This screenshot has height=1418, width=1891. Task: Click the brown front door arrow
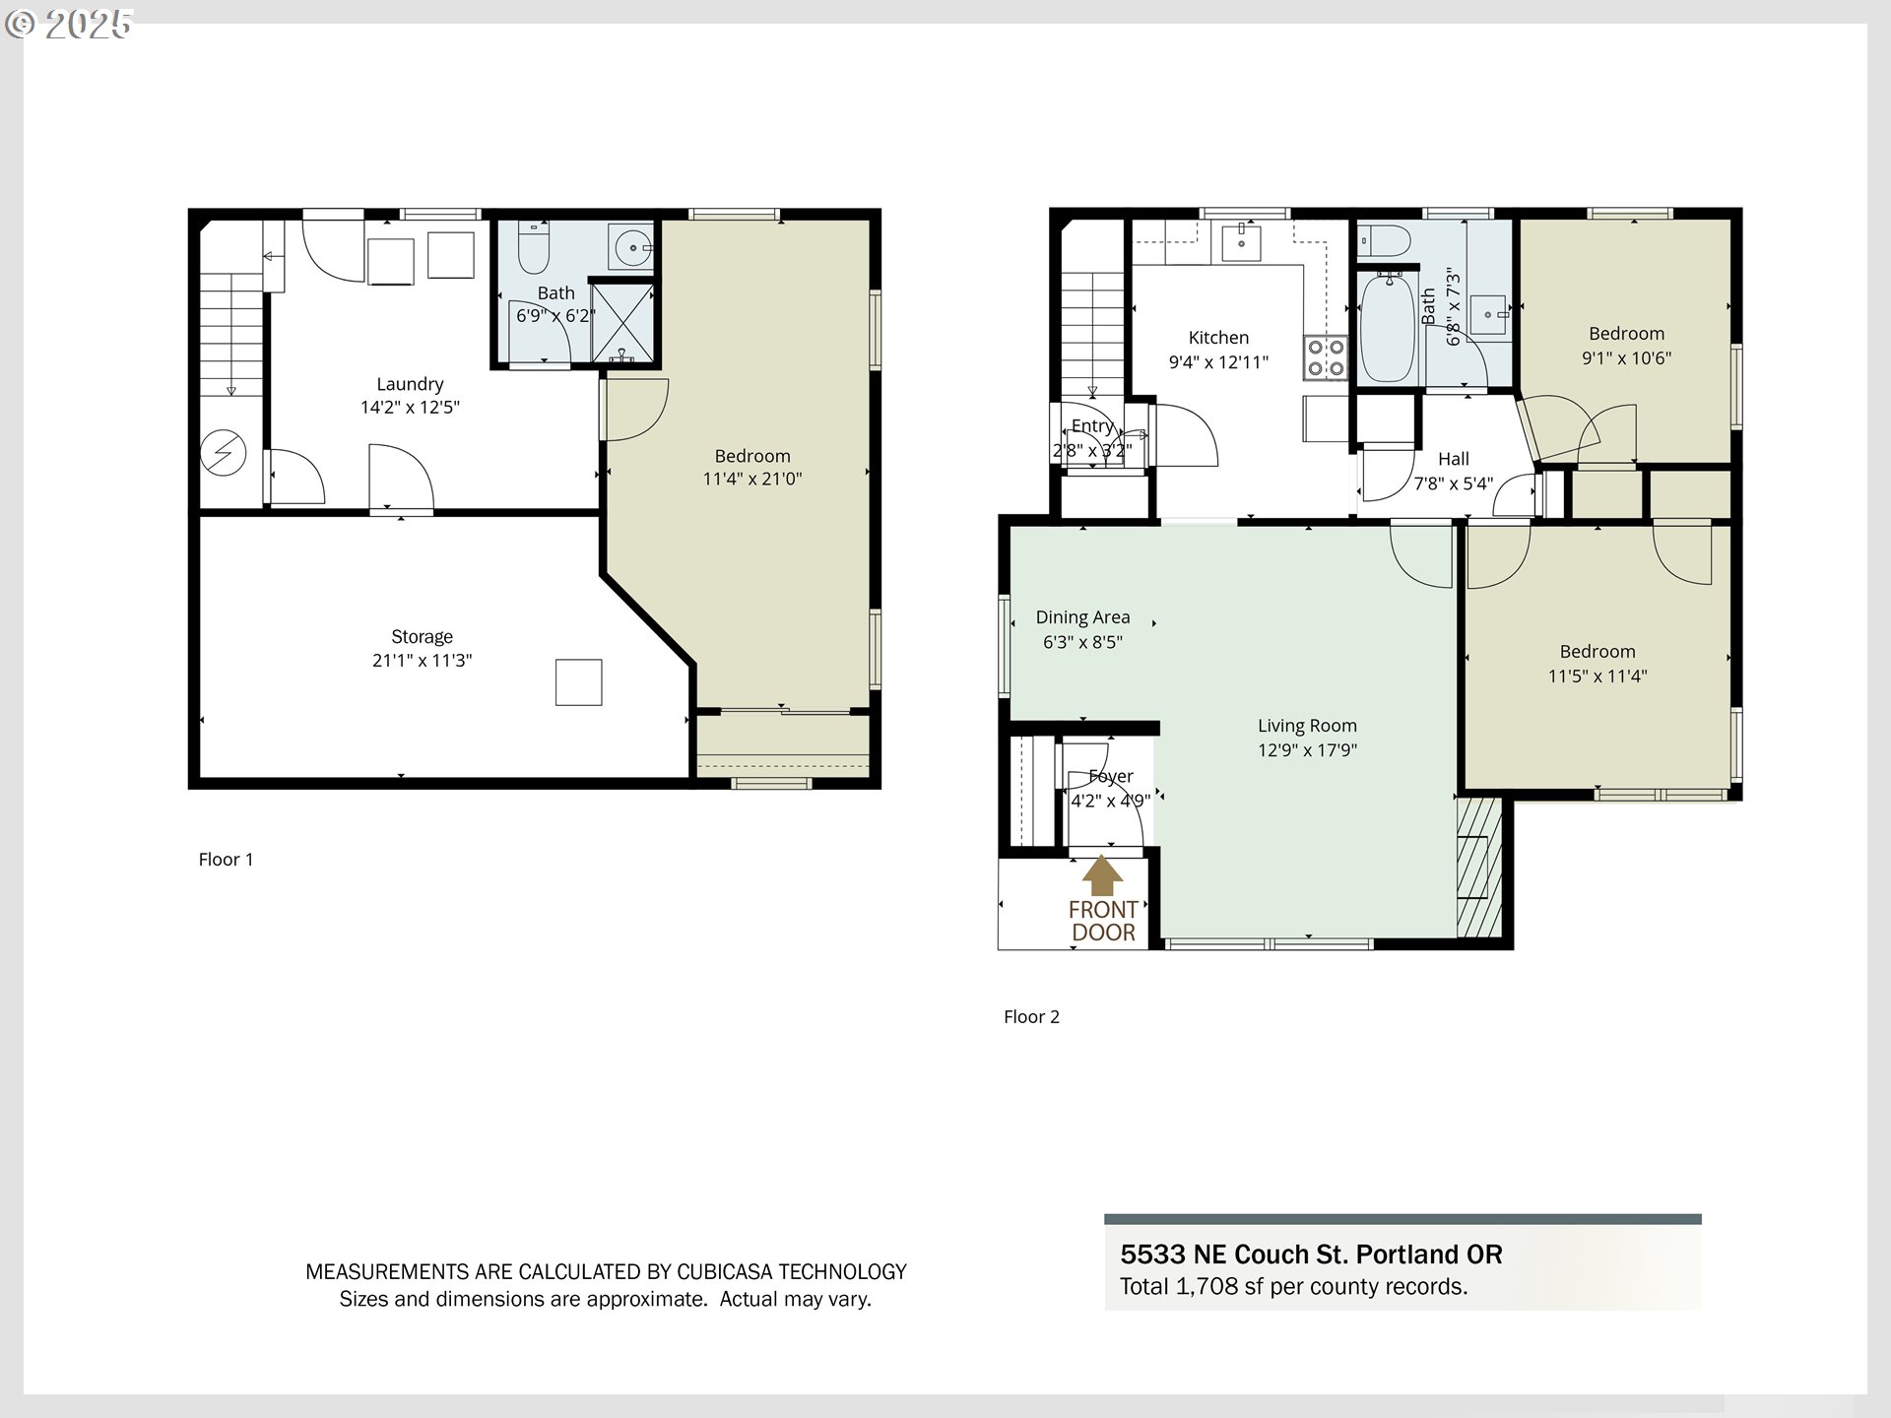[x=1102, y=876]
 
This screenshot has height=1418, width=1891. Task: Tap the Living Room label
[x=1307, y=726]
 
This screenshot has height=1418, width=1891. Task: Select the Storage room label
[x=422, y=637]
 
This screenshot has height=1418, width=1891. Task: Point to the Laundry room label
[x=410, y=384]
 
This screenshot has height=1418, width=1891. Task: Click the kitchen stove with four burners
[x=1326, y=357]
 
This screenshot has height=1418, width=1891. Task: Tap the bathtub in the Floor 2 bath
[x=1388, y=328]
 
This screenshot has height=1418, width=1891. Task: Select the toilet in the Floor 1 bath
[x=533, y=247]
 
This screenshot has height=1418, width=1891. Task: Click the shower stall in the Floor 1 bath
[x=622, y=323]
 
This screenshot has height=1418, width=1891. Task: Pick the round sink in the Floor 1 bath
[x=630, y=246]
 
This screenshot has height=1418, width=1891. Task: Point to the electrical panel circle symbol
[x=223, y=454]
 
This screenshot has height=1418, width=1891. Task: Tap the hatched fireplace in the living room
[x=1479, y=867]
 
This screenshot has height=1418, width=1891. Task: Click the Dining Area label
[x=1082, y=617]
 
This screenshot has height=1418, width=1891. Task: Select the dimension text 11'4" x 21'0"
[x=752, y=480]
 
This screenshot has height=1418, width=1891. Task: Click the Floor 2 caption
[x=1031, y=1017]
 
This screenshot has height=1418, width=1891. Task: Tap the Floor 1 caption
[x=226, y=860]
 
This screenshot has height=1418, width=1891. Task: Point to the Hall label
[x=1454, y=459]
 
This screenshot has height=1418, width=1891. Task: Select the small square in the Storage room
[x=578, y=682]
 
